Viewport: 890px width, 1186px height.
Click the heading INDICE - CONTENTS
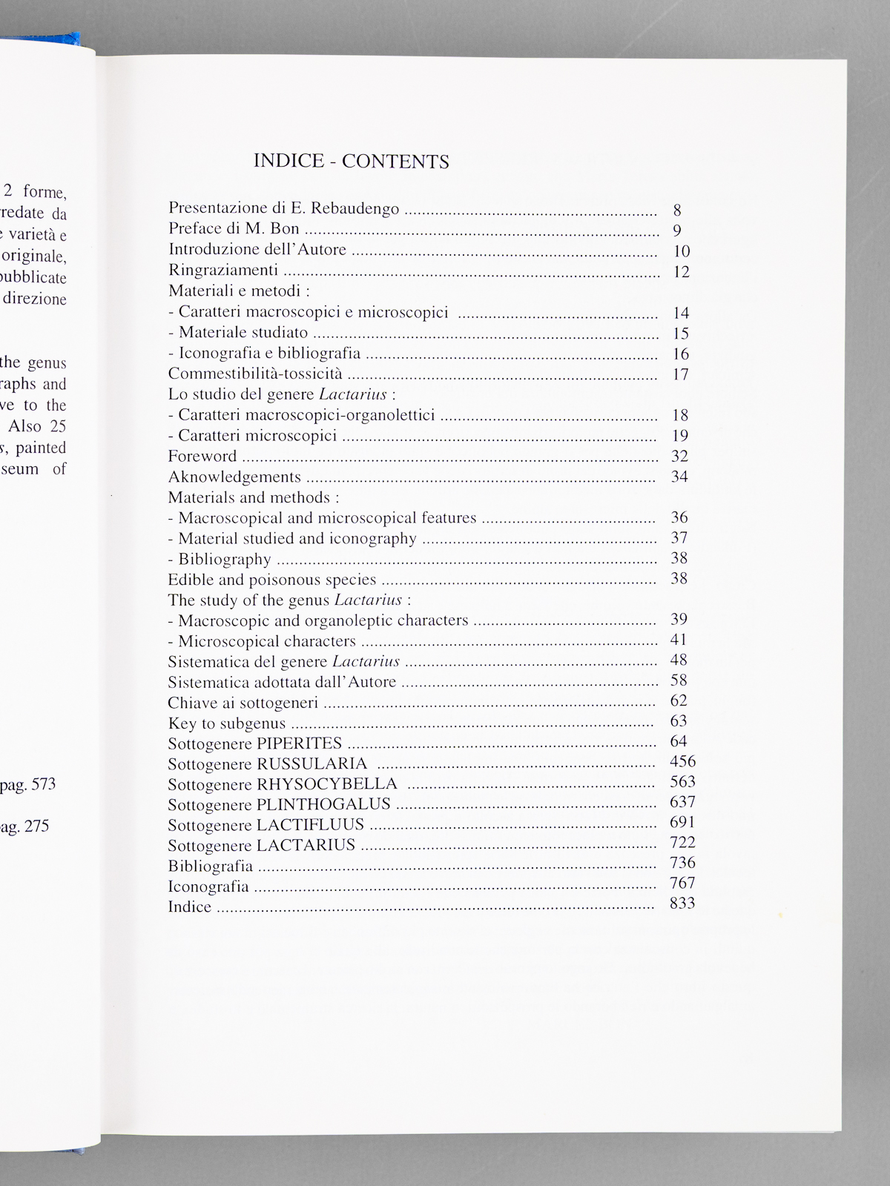pyautogui.click(x=351, y=161)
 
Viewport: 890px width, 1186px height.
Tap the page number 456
pyautogui.click(x=682, y=761)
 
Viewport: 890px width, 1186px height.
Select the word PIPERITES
pyautogui.click(x=300, y=743)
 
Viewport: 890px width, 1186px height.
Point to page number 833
pyautogui.click(x=682, y=903)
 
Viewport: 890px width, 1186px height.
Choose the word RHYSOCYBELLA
pyautogui.click(x=327, y=784)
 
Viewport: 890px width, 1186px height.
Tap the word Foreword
pyautogui.click(x=202, y=456)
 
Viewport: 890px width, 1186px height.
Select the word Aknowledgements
pyautogui.click(x=234, y=477)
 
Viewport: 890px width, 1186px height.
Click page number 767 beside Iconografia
pyautogui.click(x=682, y=883)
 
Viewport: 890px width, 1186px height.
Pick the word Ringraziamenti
pyautogui.click(x=223, y=271)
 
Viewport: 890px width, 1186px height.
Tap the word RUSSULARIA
pyautogui.click(x=312, y=763)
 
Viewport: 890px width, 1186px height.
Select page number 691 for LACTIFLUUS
pyautogui.click(x=682, y=822)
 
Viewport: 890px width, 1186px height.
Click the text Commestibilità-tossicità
pyautogui.click(x=255, y=374)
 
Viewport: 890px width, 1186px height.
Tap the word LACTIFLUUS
pyautogui.click(x=310, y=824)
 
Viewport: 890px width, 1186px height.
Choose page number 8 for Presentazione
pyautogui.click(x=677, y=211)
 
